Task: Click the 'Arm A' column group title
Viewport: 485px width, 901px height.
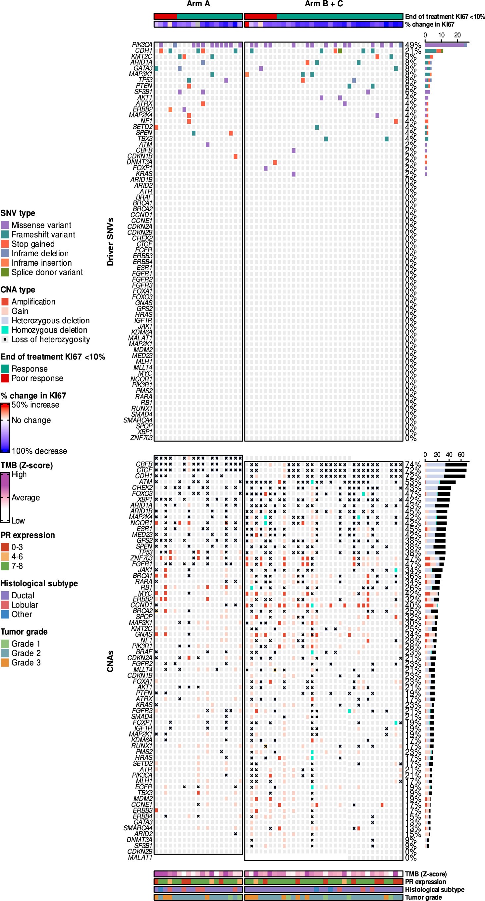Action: click(198, 4)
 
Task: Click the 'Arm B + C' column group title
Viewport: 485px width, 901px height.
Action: click(324, 4)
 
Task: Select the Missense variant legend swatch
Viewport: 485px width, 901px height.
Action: click(5, 225)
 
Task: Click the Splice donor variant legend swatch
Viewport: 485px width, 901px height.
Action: click(5, 272)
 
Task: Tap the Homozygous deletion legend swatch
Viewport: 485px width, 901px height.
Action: click(5, 330)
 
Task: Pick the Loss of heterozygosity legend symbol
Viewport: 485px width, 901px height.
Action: click(5, 339)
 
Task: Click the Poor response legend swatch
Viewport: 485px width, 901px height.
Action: click(5, 378)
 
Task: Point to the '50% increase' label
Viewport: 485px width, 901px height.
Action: click(35, 405)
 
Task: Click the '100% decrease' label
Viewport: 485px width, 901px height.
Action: click(39, 451)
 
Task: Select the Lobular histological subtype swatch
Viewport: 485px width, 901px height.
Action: click(5, 605)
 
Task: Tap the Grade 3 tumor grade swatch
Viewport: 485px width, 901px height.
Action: click(5, 663)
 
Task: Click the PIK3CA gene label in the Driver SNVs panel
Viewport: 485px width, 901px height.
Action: click(142, 45)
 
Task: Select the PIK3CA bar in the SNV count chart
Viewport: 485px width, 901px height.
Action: click(446, 45)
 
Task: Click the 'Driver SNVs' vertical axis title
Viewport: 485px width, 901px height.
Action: click(110, 242)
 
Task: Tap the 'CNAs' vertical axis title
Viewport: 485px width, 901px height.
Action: click(110, 661)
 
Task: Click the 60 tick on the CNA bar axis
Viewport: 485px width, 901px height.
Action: click(461, 454)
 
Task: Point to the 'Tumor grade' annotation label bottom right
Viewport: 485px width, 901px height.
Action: click(423, 897)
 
